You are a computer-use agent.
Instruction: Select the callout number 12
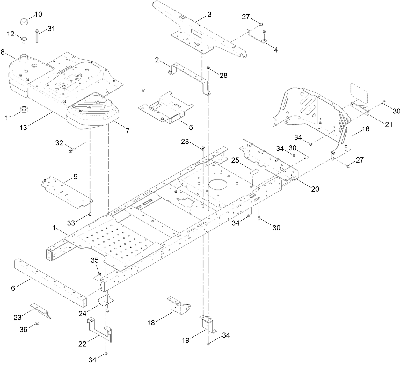[11, 34]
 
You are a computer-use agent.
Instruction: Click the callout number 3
[209, 14]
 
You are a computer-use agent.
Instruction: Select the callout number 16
[365, 129]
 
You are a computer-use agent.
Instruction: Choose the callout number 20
[315, 189]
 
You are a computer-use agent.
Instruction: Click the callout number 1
[54, 228]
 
